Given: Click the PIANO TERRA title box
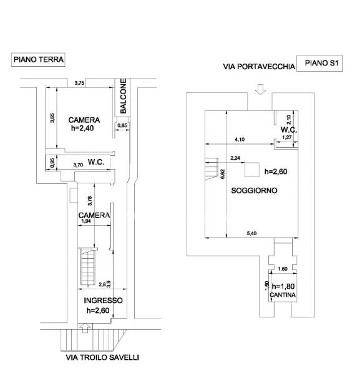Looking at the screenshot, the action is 38,59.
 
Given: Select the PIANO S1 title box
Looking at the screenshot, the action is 319,63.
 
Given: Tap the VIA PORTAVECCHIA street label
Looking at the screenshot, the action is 259,67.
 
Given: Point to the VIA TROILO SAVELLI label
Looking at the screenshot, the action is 102,357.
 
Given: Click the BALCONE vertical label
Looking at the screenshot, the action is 123,96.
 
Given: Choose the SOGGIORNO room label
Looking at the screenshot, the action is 254,190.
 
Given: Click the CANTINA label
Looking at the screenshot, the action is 283,295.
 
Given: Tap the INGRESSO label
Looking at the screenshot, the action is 103,301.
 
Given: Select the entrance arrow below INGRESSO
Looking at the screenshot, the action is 85,329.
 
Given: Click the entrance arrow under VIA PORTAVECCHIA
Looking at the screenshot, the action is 260,89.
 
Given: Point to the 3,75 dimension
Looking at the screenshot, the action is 79,83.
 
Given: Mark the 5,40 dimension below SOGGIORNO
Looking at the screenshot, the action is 251,233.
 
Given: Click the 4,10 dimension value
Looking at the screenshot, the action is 240,140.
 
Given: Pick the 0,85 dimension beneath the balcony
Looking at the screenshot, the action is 122,125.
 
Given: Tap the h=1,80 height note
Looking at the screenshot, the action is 283,287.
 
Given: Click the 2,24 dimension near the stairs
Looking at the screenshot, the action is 235,158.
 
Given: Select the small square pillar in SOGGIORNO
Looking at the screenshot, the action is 252,170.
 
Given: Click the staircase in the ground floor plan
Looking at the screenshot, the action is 88,266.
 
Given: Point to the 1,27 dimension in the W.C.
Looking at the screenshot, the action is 287,137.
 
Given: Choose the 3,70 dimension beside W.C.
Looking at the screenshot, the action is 78,165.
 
